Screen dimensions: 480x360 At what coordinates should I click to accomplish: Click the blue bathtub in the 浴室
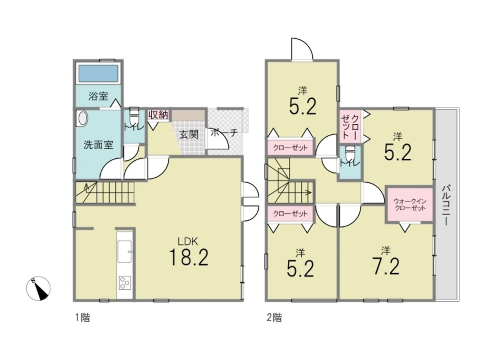pyautogui.click(x=98, y=73)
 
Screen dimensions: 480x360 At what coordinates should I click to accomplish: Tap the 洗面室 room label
pyautogui.click(x=98, y=144)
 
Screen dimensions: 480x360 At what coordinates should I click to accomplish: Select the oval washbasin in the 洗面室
pyautogui.click(x=83, y=118)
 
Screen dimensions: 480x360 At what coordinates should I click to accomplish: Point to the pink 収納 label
pyautogui.click(x=158, y=115)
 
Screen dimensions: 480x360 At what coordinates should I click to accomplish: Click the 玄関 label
pyautogui.click(x=189, y=134)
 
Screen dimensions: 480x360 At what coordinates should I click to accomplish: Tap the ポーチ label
pyautogui.click(x=225, y=132)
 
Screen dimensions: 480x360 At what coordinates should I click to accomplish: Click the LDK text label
pyautogui.click(x=188, y=241)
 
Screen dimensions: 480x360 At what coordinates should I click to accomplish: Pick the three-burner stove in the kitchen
pyautogui.click(x=125, y=283)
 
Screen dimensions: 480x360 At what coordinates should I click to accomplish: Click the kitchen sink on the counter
pyautogui.click(x=125, y=252)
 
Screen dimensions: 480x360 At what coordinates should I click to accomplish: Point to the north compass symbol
pyautogui.click(x=38, y=288)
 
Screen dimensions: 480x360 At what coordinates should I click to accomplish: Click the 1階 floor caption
pyautogui.click(x=83, y=317)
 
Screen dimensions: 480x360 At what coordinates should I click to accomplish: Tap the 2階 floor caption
pyautogui.click(x=274, y=317)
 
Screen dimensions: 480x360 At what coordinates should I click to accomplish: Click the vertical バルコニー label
pyautogui.click(x=446, y=205)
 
